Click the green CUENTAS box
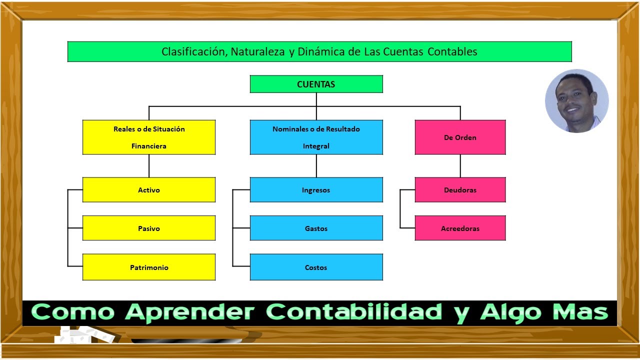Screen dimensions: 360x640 pos(316,84)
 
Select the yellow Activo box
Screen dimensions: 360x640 pos(149,190)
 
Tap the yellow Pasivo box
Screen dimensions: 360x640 pos(149,228)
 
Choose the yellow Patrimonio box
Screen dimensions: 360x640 pos(149,267)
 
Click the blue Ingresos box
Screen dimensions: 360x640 pos(316,190)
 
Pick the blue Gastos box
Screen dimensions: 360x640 pos(316,228)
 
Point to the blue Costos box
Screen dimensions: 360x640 pos(316,267)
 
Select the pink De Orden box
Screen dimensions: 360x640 pos(460,137)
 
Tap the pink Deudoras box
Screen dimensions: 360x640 pos(460,190)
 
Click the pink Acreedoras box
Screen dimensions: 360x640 pos(460,228)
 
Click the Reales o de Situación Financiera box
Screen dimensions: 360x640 pos(149,137)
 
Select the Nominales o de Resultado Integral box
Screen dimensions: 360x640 pos(316,137)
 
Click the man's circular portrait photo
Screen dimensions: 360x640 pos(576,100)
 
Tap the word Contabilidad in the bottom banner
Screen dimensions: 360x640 pos(357,312)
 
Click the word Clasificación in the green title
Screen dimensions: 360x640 pos(193,51)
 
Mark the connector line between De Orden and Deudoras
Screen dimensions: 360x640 pos(460,166)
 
